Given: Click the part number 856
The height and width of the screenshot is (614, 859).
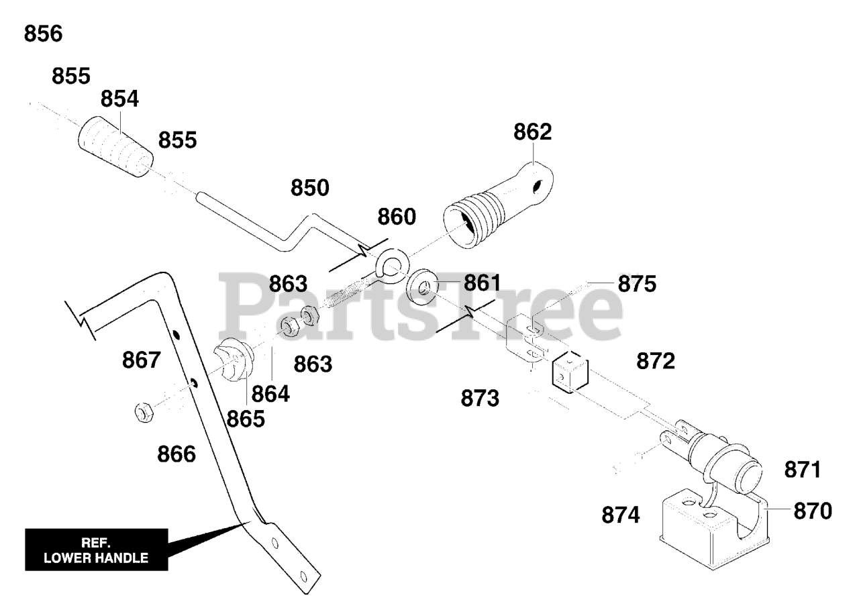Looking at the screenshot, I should pyautogui.click(x=43, y=34).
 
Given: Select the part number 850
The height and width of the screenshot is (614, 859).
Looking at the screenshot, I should pyautogui.click(x=310, y=189).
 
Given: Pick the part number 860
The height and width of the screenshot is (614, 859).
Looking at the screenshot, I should pyautogui.click(x=396, y=217).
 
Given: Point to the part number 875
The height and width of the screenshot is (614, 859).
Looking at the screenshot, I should pyautogui.click(x=637, y=284).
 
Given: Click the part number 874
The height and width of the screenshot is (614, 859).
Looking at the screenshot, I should pyautogui.click(x=621, y=515).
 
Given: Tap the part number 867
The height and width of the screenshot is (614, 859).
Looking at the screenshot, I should pyautogui.click(x=142, y=360).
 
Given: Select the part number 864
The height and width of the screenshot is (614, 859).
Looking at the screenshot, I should pyautogui.click(x=271, y=394).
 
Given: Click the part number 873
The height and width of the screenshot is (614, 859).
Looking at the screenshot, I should pyautogui.click(x=480, y=399).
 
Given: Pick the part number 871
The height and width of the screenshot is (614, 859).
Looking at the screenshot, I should pyautogui.click(x=803, y=470).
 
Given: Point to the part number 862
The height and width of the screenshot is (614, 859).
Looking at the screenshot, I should pyautogui.click(x=533, y=132).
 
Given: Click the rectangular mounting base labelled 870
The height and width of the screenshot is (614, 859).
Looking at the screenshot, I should pyautogui.click(x=711, y=530).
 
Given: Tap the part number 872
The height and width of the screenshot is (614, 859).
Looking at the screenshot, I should pyautogui.click(x=656, y=361).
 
